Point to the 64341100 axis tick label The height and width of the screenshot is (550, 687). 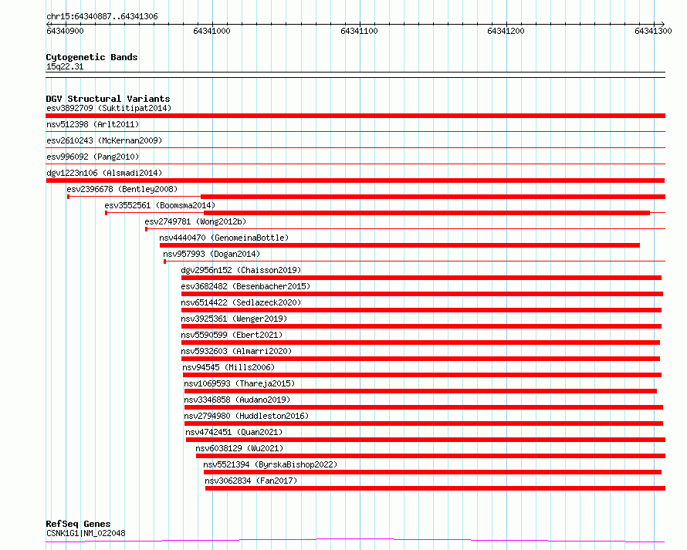[359, 31]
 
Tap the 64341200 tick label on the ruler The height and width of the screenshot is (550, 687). [506, 31]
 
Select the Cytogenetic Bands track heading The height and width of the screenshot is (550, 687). [91, 57]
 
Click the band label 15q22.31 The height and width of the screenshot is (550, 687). [65, 66]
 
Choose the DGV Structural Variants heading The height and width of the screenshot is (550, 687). [107, 99]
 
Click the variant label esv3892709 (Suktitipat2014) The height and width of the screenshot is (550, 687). [108, 108]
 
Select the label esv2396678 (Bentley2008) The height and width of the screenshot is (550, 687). [122, 189]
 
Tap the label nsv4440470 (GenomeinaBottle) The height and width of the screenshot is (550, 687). [223, 238]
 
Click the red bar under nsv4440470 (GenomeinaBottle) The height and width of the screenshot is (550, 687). [399, 245]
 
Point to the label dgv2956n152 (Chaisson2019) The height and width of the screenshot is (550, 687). [241, 270]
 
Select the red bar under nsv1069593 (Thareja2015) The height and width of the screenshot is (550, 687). [420, 391]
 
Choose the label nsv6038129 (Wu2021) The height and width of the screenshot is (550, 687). [239, 448]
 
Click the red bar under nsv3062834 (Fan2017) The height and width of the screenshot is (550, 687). [435, 488]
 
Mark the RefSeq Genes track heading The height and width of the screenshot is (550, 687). [78, 525]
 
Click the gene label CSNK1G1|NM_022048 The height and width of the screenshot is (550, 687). [86, 533]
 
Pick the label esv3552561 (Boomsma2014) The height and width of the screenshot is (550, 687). [160, 205]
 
